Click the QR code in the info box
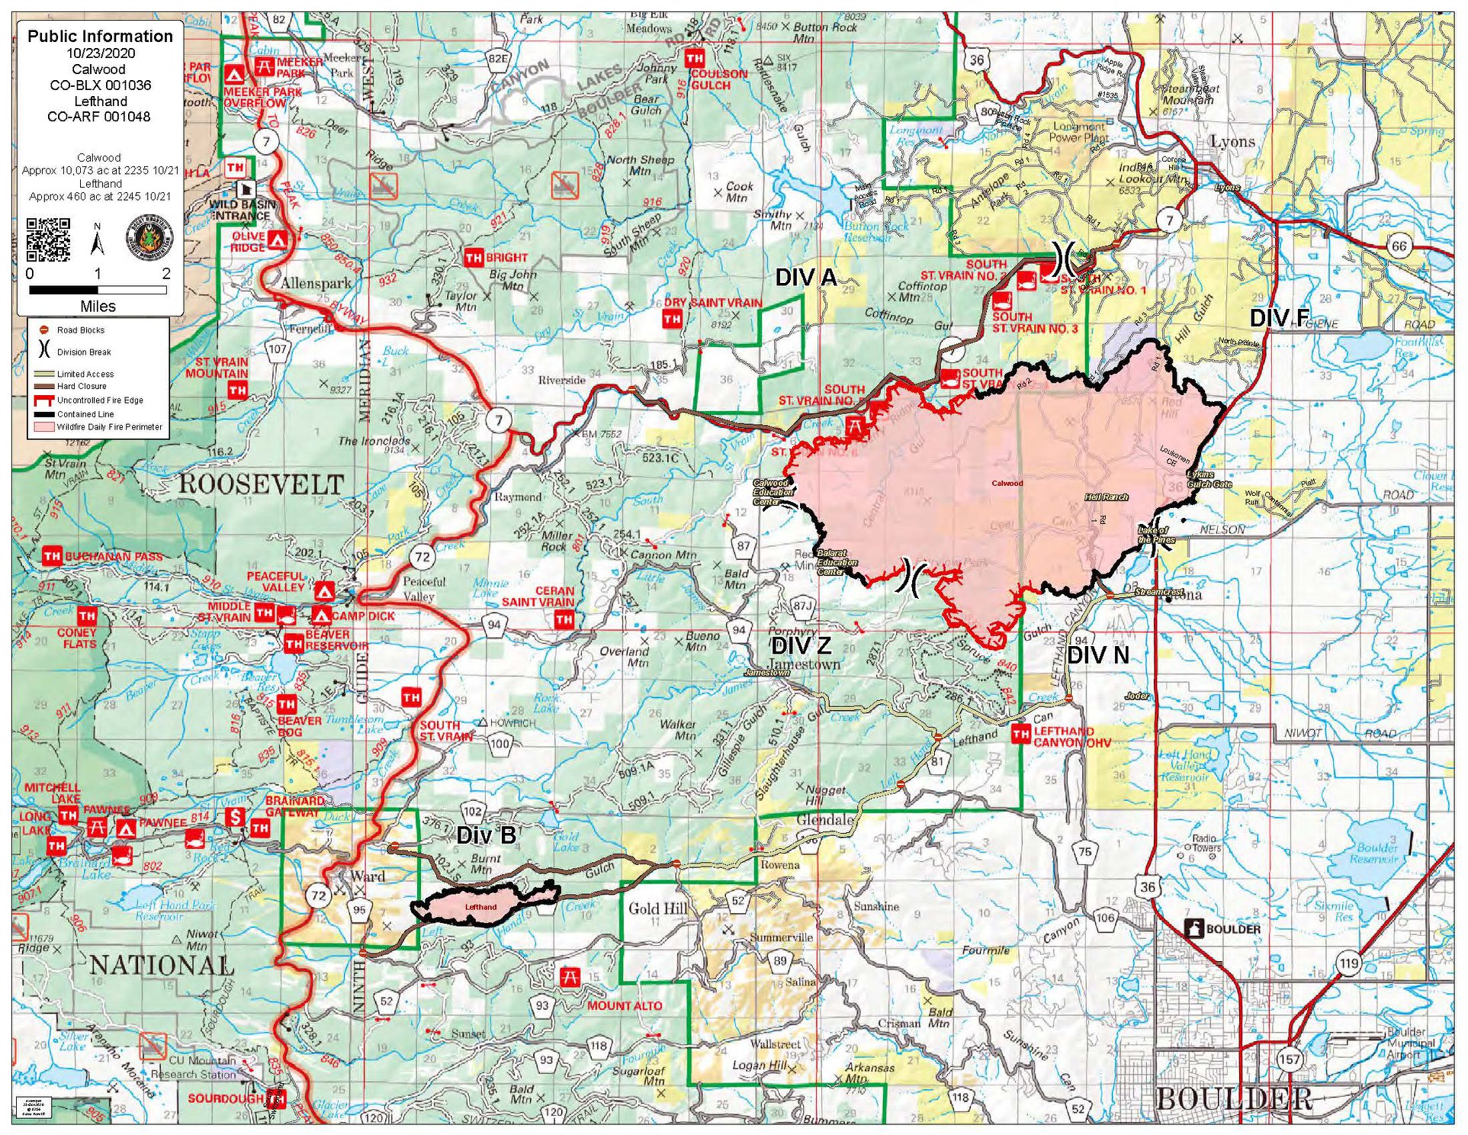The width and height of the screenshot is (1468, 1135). point(48,240)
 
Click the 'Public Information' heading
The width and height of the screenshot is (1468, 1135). point(100,36)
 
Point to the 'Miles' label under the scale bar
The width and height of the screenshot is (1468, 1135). point(98,306)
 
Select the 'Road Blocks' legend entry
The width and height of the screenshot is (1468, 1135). point(80,330)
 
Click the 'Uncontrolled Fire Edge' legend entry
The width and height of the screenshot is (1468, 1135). point(99,400)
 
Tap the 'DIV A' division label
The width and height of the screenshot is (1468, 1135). point(805,278)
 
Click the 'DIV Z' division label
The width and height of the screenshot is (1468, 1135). point(801,645)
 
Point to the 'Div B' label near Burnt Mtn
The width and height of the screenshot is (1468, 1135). point(486,835)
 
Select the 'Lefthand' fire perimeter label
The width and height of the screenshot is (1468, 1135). point(480,907)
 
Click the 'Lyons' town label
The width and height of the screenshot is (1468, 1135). point(1232,141)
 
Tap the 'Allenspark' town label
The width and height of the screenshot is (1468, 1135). point(316,283)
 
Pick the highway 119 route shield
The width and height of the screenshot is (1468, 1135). point(1348,963)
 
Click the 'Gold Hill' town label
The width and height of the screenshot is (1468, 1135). point(657,908)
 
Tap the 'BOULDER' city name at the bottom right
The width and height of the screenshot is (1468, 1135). point(1233,1098)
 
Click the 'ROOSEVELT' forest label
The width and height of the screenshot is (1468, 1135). point(261,484)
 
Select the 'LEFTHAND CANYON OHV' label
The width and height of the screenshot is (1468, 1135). point(1071,736)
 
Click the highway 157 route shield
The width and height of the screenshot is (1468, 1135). point(1289,1059)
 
